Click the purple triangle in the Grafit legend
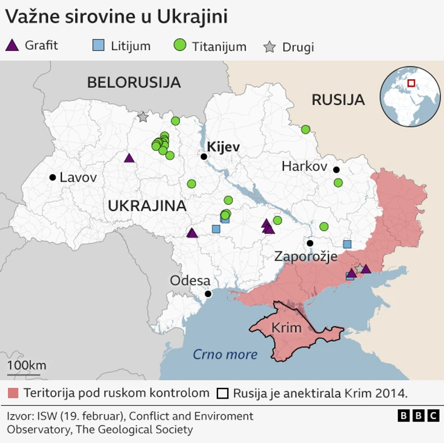[12, 45]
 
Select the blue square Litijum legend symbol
[98, 45]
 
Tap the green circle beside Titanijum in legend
[180, 46]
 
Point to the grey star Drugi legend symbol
[270, 47]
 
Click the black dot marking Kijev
[204, 156]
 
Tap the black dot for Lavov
[52, 177]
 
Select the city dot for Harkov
[336, 170]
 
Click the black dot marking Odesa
[208, 293]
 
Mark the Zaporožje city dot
[310, 243]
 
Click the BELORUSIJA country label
[134, 83]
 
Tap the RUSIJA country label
[338, 100]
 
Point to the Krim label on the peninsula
[286, 328]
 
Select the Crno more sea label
[225, 354]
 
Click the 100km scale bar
[24, 374]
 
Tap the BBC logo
[418, 415]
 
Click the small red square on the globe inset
[411, 83]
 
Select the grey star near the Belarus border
[143, 117]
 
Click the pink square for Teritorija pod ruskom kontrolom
[13, 392]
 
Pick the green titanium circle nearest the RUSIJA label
[305, 129]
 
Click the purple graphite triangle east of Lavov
[129, 159]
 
